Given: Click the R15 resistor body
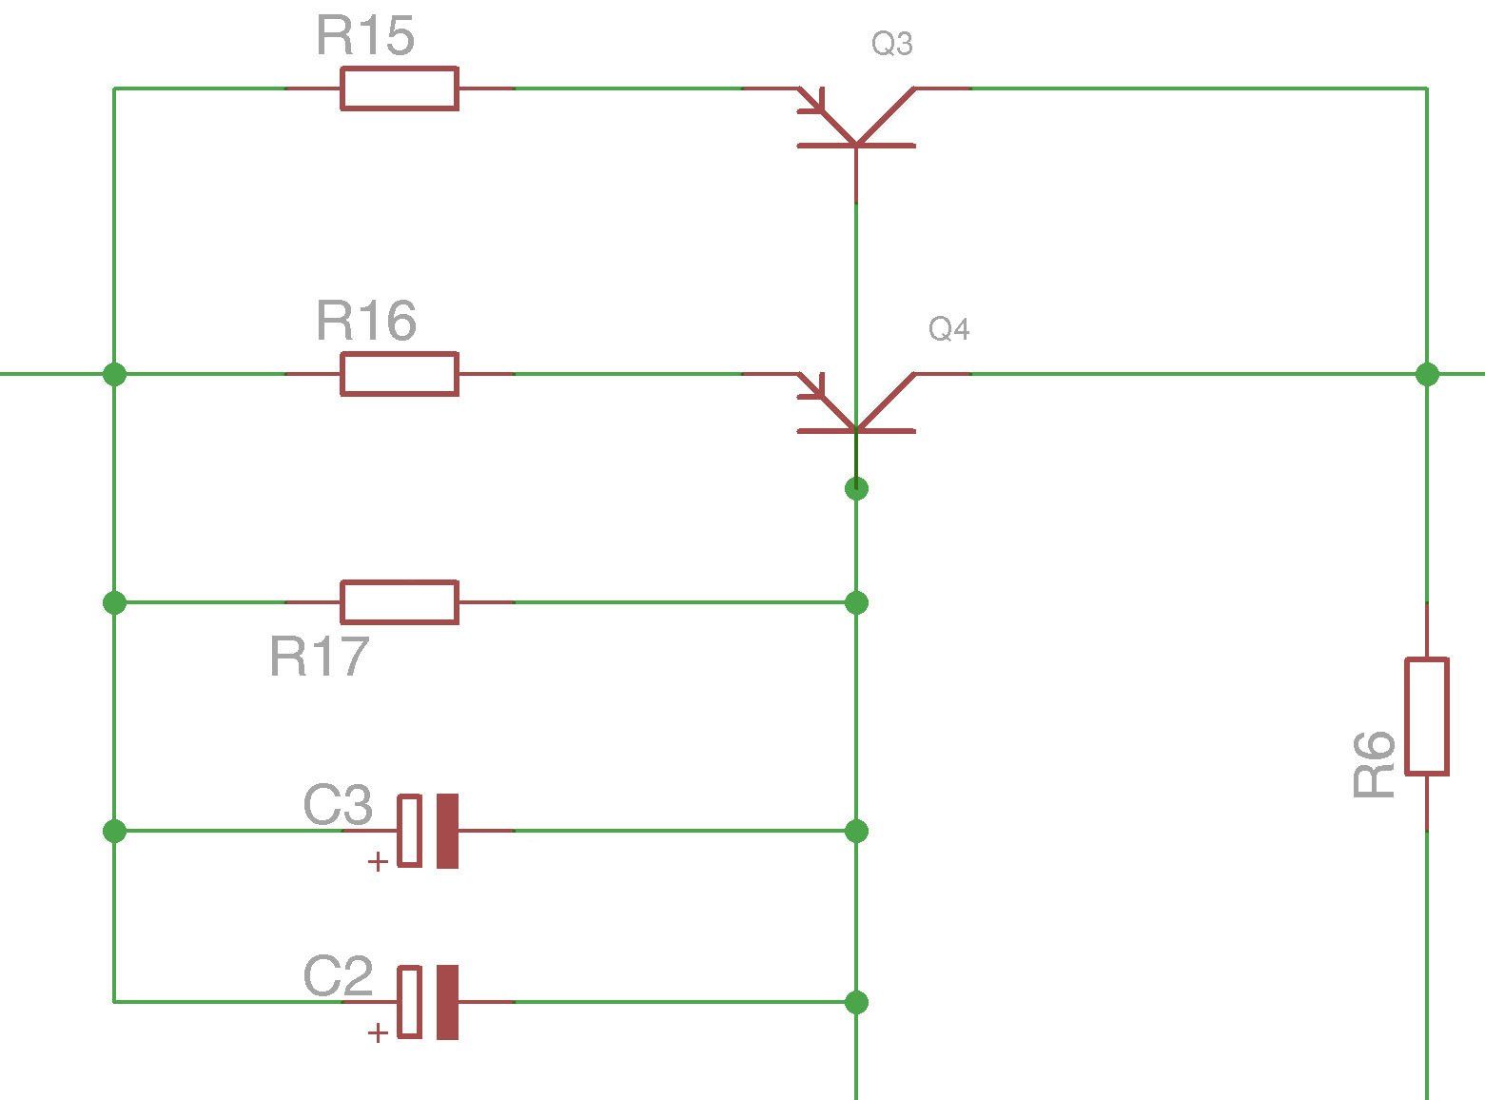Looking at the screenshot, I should tap(400, 88).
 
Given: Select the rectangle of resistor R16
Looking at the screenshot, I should tap(400, 374).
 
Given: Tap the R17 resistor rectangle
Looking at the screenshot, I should tap(400, 602).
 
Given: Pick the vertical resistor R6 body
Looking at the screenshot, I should tap(1427, 716).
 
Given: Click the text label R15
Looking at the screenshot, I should tap(365, 36).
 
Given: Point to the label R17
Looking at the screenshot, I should tap(319, 657).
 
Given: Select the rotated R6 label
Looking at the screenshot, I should tap(1374, 765).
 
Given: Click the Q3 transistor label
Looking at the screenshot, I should tap(892, 44).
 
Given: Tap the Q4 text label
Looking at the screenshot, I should tap(949, 329).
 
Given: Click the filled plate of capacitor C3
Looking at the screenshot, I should tap(447, 831).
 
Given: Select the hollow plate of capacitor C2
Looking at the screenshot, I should tap(409, 1002).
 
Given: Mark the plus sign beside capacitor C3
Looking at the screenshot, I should tap(378, 862).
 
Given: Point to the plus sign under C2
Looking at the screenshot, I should tap(378, 1032).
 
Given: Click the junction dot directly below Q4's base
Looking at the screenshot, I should tap(856, 488).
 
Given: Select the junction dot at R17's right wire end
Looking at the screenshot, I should tap(856, 602).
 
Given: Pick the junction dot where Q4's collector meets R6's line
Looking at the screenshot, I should tap(1427, 374).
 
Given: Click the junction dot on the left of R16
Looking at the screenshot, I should tap(114, 374).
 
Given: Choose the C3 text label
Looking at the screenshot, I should tap(338, 805).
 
